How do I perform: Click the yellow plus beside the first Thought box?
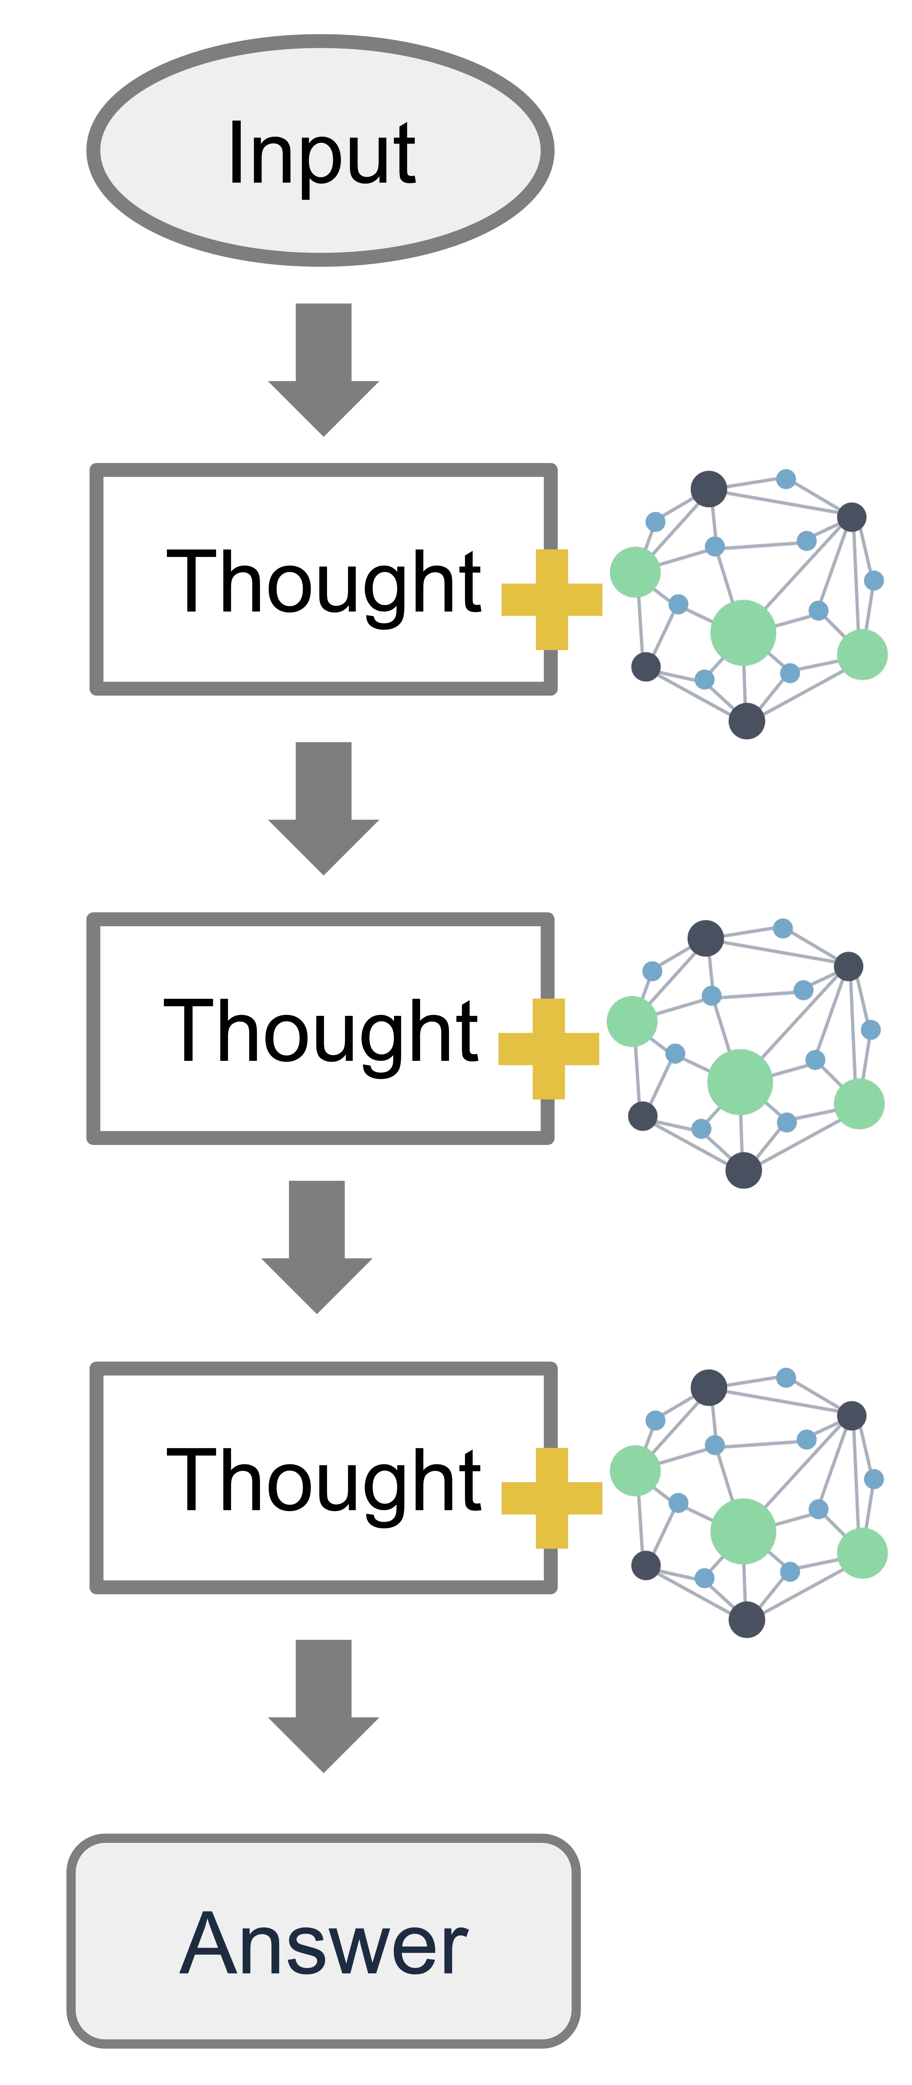(552, 600)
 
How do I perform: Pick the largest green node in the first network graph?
(743, 632)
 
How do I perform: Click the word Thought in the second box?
(320, 1030)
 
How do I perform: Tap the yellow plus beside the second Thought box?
(549, 1049)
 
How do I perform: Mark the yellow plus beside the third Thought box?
(552, 1498)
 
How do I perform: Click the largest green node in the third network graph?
(743, 1531)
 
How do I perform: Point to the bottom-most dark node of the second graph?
(743, 1170)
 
